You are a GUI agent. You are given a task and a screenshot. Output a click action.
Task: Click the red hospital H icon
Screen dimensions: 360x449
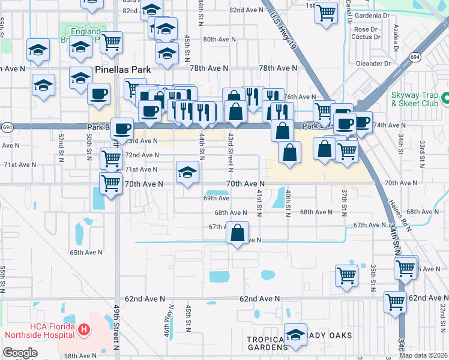pyautogui.click(x=85, y=329)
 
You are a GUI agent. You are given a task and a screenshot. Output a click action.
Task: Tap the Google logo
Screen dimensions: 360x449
pyautogui.click(x=20, y=353)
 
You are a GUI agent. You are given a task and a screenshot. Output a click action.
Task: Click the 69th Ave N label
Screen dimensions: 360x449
pyautogui.click(x=217, y=197)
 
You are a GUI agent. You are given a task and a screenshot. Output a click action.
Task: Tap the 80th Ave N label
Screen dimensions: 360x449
pyautogui.click(x=218, y=39)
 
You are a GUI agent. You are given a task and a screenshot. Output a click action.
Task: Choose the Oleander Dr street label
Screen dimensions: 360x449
pyautogui.click(x=373, y=63)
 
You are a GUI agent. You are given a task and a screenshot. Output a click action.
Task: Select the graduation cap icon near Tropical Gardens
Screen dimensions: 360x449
pyautogui.click(x=295, y=335)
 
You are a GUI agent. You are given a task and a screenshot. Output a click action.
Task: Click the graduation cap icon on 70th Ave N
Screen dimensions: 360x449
pyautogui.click(x=187, y=172)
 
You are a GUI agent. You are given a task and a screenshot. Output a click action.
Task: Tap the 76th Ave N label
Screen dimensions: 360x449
pyautogui.click(x=300, y=97)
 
